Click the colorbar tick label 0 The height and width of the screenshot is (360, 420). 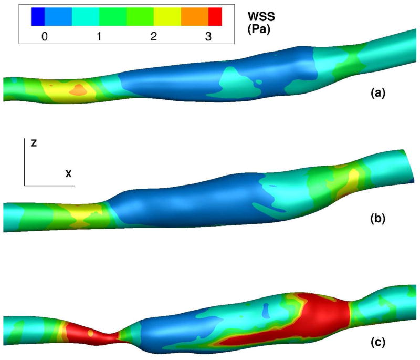pos(45,36)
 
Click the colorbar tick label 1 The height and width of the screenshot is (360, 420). pos(99,36)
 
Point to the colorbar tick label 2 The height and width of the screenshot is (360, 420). pos(153,36)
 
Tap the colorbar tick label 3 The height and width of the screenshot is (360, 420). pos(208,36)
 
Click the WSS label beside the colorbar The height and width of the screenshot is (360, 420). pos(261,17)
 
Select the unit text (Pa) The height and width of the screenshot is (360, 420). pos(258,29)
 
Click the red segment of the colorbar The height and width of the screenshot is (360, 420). pos(215,17)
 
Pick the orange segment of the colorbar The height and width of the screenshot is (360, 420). pos(195,17)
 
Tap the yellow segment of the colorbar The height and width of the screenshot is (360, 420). pos(167,17)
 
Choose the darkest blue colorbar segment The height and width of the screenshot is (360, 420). pos(38,17)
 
